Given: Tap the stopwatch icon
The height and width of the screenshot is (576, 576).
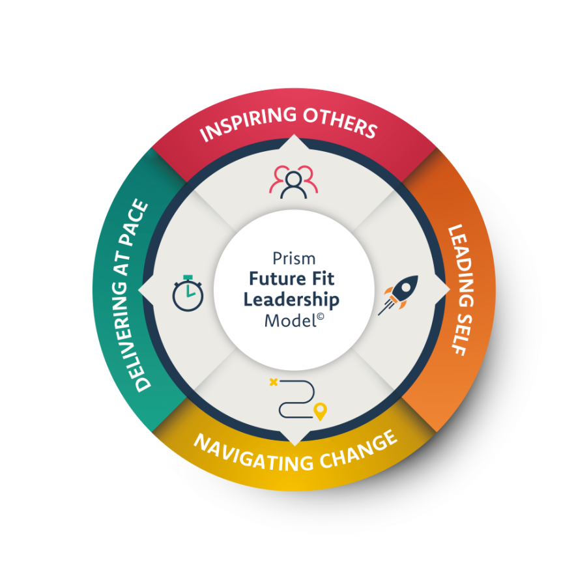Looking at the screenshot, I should [188, 293].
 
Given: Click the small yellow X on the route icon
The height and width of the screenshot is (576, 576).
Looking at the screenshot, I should [273, 382].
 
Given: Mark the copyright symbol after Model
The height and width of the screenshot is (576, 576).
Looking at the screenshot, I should [311, 317].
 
